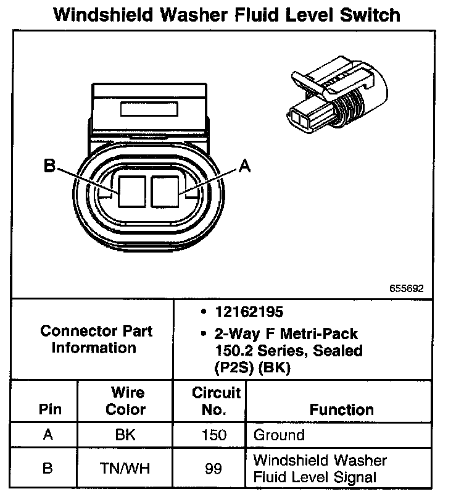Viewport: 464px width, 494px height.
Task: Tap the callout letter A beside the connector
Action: pyautogui.click(x=245, y=165)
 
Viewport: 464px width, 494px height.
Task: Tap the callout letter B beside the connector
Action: pyautogui.click(x=49, y=165)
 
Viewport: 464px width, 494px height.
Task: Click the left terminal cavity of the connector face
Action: pyautogui.click(x=131, y=191)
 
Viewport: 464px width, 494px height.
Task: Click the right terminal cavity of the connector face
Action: pyautogui.click(x=164, y=191)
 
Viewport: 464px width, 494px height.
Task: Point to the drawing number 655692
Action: pyautogui.click(x=406, y=288)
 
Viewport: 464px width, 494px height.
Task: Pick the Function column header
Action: pyautogui.click(x=341, y=409)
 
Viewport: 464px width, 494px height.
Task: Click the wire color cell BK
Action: pyautogui.click(x=125, y=435)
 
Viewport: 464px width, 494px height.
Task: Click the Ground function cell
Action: pyautogui.click(x=279, y=435)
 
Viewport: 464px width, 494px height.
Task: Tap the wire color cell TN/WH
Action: pyautogui.click(x=125, y=469)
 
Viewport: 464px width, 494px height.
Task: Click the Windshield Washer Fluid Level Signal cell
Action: pyautogui.click(x=320, y=469)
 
